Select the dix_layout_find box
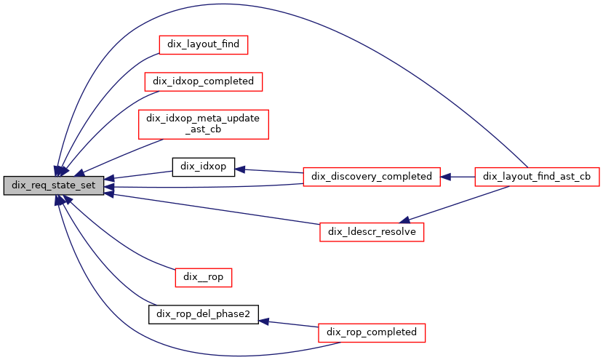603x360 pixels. click(x=204, y=44)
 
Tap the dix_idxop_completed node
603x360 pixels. click(x=203, y=81)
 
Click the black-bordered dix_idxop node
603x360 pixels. click(x=203, y=167)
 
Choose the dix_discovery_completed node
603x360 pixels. click(x=372, y=176)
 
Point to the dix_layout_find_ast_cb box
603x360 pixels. click(x=536, y=176)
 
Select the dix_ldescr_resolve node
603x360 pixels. click(x=372, y=232)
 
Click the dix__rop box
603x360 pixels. click(x=203, y=276)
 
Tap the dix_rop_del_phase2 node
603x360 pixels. click(x=203, y=315)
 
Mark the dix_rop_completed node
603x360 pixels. click(x=372, y=332)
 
